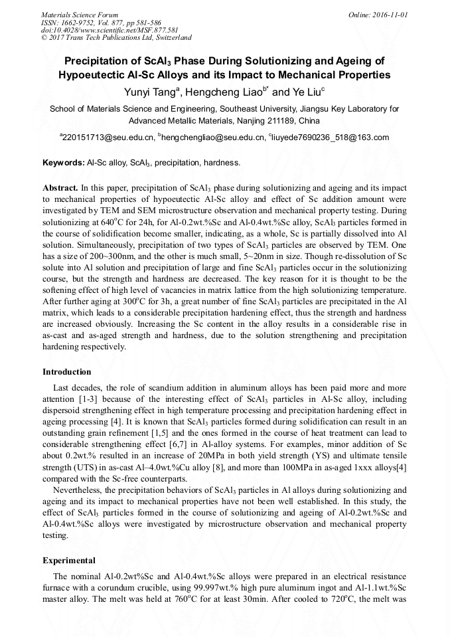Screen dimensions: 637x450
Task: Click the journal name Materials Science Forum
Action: (80, 14)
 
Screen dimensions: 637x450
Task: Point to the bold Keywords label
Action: (63, 162)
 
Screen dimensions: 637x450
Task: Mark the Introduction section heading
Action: (67, 371)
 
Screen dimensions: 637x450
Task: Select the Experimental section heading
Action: (69, 560)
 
